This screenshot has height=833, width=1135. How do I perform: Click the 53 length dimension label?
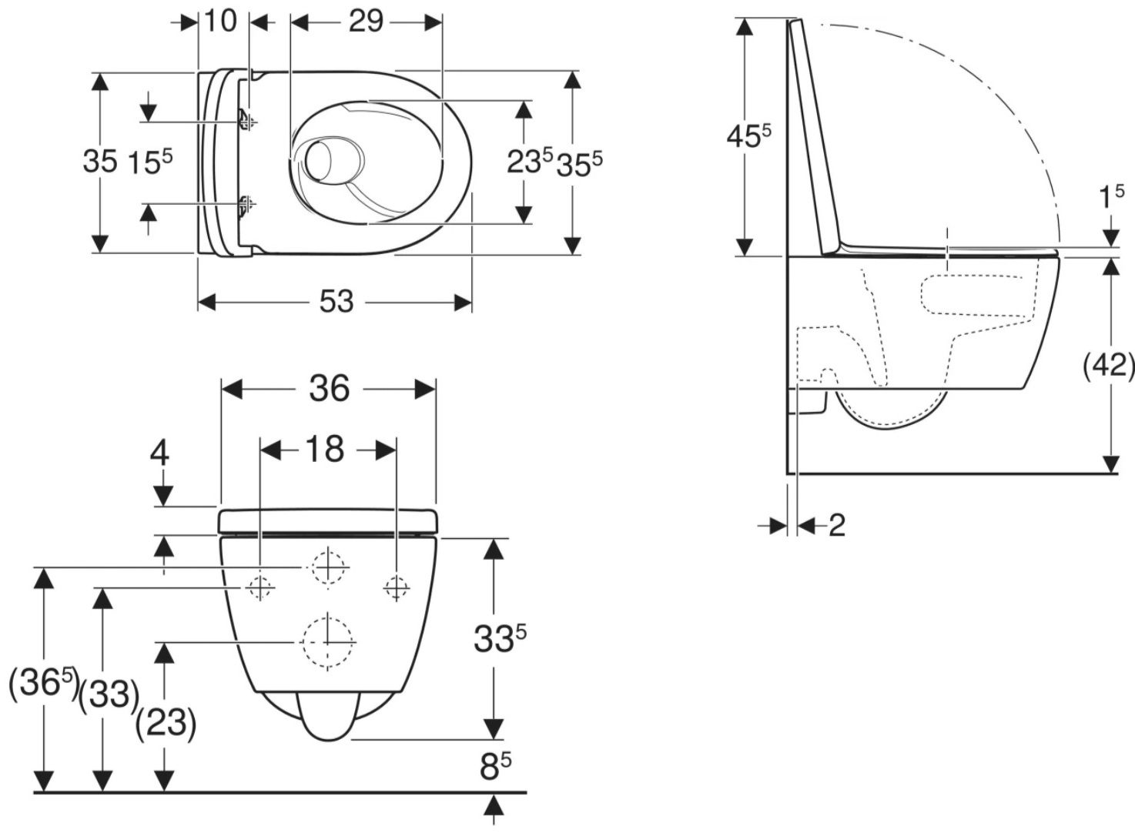point(336,302)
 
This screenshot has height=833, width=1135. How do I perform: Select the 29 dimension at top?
point(365,22)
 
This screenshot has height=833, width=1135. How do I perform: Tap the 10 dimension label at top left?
point(221,22)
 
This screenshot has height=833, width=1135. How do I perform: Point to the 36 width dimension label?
point(329,389)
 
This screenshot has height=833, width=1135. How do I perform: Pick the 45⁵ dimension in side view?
point(748,137)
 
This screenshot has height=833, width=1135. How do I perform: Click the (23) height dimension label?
point(166,722)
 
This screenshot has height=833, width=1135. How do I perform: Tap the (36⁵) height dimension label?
point(44,684)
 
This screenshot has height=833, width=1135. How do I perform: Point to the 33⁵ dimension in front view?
point(500,637)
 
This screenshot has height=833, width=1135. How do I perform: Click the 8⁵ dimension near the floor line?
point(494,765)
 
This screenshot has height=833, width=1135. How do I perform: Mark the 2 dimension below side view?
point(836,525)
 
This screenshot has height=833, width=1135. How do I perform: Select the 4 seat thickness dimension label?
point(160,453)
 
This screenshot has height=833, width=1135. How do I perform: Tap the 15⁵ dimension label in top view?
point(149,162)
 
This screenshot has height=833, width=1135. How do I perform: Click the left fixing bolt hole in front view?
point(260,588)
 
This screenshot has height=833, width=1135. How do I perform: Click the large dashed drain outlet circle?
point(329,641)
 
